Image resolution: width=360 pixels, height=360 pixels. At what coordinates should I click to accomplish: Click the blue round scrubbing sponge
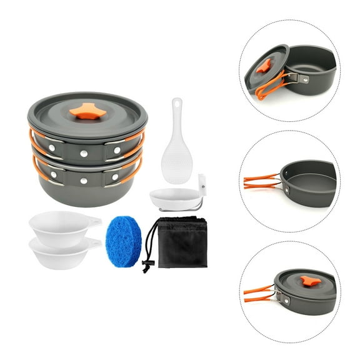point(123,241)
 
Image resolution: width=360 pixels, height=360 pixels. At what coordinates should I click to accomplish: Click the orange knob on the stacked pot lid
point(86,112)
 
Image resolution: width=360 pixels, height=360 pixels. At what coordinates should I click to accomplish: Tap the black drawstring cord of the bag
point(148,250)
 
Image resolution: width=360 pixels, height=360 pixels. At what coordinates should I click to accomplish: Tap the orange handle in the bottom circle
point(258,292)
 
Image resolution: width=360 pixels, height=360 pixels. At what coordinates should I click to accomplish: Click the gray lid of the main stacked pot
point(87,116)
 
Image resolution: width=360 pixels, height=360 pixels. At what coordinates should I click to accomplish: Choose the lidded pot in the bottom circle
point(306,291)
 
